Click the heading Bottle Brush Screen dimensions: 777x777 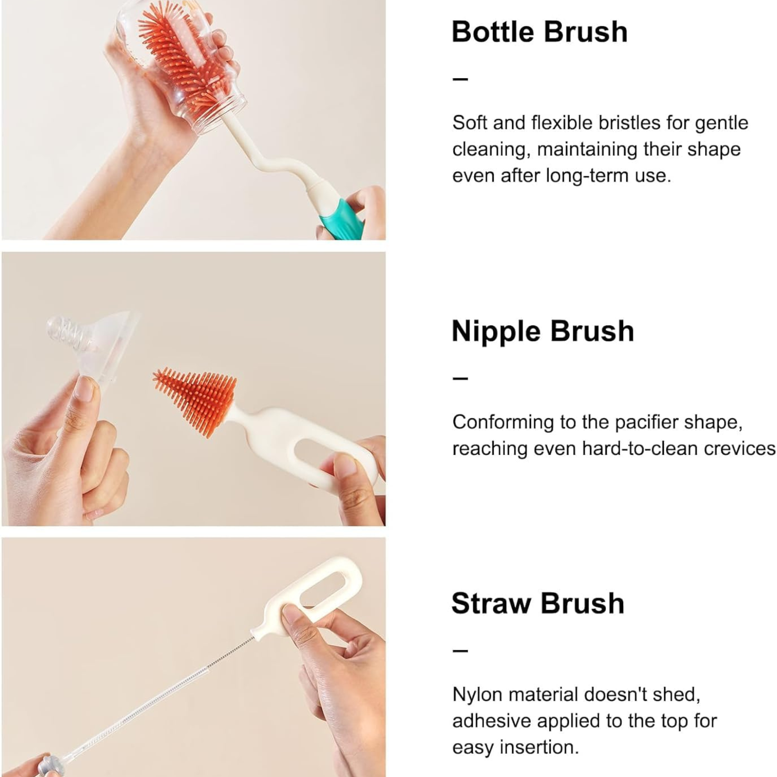click(540, 32)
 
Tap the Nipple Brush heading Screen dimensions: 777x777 click(543, 332)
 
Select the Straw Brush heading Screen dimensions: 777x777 click(538, 603)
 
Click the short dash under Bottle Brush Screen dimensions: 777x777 click(460, 78)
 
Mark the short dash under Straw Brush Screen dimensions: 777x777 click(460, 650)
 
